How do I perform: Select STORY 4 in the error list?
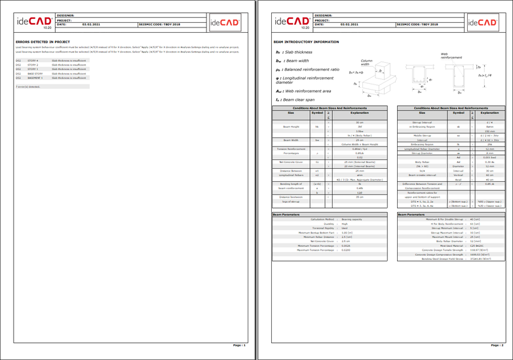point(33,60)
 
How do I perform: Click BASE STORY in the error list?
point(35,74)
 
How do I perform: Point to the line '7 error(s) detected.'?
point(28,86)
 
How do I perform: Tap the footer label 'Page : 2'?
point(496,344)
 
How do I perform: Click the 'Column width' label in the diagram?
point(366,63)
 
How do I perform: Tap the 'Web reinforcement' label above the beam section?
point(450,56)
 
